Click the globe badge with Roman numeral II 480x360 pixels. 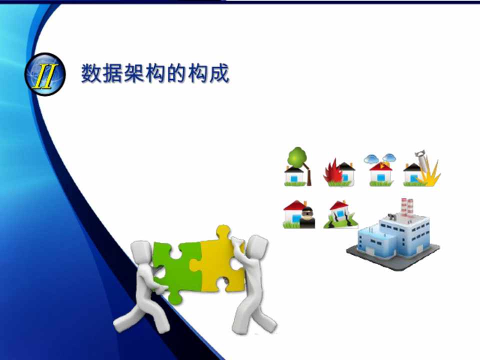45,74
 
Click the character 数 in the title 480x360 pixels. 91,73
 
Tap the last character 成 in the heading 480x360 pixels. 219,73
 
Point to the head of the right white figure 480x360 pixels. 257,246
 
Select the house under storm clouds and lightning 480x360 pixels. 380,170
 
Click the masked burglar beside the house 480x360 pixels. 307,217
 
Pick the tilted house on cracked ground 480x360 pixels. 340,214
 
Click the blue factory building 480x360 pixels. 393,235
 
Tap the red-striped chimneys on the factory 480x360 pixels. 407,207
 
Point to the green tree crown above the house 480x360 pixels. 297,156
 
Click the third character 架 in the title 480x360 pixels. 134,73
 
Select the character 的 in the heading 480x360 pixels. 176,73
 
